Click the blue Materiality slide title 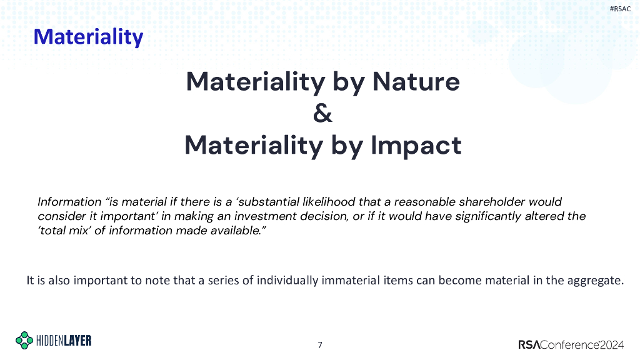(x=88, y=37)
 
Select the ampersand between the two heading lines (x=322, y=114)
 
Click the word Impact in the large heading (x=416, y=146)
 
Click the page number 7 (x=320, y=344)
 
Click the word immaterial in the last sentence (x=350, y=280)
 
